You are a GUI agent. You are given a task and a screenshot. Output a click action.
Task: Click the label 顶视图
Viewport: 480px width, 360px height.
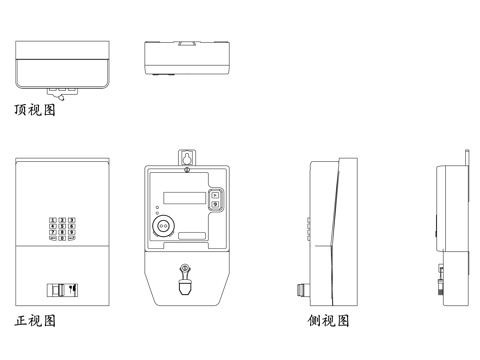pyautogui.click(x=35, y=110)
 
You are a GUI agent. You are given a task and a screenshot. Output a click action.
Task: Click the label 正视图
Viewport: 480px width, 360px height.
pyautogui.click(x=35, y=322)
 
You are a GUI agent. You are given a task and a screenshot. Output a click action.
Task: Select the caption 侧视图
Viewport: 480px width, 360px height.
pyautogui.click(x=328, y=322)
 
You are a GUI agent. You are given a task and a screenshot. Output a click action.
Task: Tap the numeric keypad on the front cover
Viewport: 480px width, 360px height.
pyautogui.click(x=61, y=231)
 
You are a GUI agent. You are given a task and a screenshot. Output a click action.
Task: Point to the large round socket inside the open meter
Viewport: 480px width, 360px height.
pyautogui.click(x=162, y=228)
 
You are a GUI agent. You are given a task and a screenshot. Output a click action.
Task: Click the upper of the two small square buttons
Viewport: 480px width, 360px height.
pyautogui.click(x=215, y=194)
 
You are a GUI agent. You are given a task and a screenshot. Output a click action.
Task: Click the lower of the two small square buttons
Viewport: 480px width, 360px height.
pyautogui.click(x=215, y=204)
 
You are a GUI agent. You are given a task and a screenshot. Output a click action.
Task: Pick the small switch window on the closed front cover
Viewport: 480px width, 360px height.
pyautogui.click(x=64, y=289)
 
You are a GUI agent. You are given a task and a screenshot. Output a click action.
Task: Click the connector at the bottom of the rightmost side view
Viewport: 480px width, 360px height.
pyautogui.click(x=441, y=283)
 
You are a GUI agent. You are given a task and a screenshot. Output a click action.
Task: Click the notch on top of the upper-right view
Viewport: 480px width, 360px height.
pyautogui.click(x=186, y=42)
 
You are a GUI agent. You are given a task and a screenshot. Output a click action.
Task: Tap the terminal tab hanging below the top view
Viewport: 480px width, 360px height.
pyautogui.click(x=65, y=92)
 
